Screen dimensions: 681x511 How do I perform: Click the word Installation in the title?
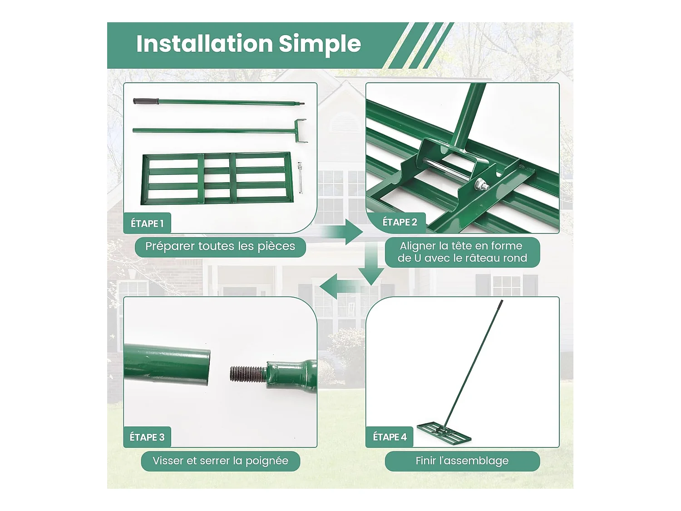(204, 44)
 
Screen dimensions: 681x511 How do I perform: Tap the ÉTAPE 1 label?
(147, 223)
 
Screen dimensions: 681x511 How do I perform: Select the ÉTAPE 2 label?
(400, 222)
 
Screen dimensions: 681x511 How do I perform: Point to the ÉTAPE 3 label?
(147, 437)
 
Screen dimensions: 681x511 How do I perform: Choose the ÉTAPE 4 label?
(390, 437)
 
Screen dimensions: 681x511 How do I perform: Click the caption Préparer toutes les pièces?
(220, 247)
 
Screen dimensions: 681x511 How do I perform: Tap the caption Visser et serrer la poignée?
(221, 461)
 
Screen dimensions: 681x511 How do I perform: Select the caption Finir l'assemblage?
(462, 461)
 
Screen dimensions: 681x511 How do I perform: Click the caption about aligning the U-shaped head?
(462, 252)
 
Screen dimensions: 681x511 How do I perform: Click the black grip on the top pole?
(146, 101)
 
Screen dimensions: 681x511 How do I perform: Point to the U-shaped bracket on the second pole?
(301, 131)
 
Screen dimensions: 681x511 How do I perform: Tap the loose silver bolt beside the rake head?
(300, 178)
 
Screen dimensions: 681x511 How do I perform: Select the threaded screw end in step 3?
(247, 374)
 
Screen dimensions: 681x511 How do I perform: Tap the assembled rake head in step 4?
(444, 433)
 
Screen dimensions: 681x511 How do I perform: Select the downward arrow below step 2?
(371, 264)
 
